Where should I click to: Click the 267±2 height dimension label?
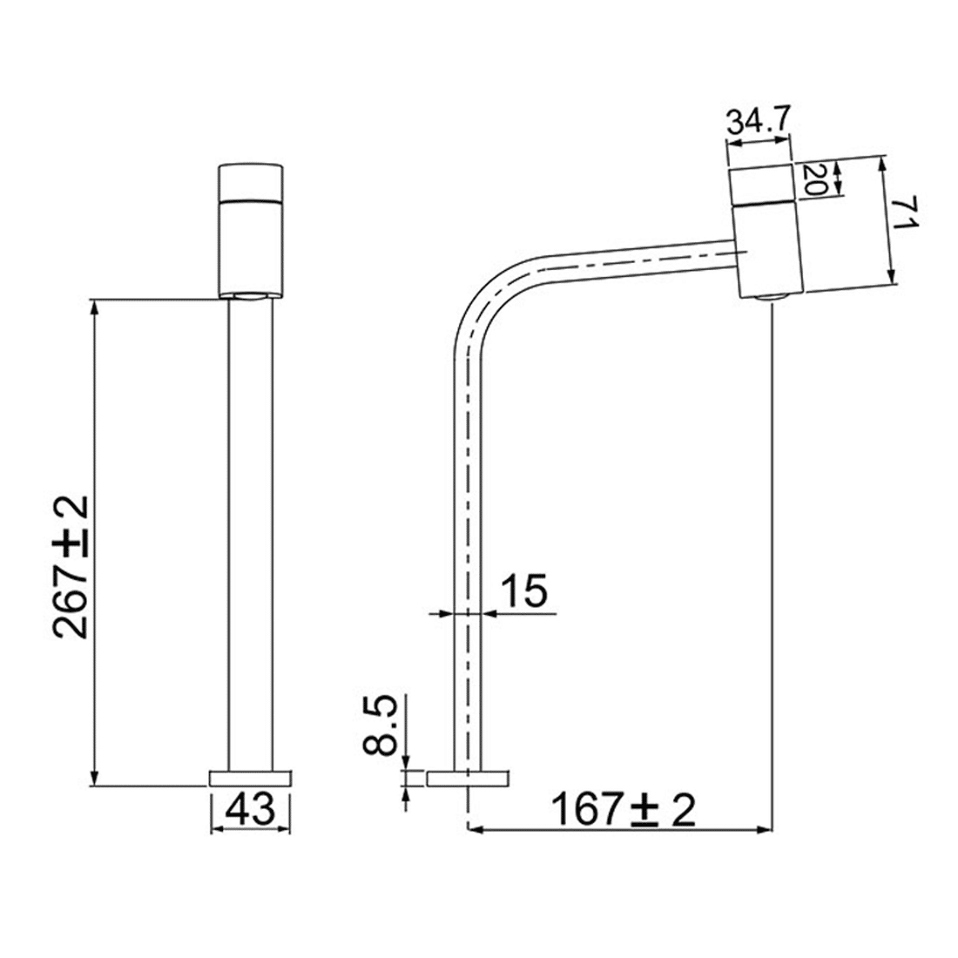pyautogui.click(x=71, y=567)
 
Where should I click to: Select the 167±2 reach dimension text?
pyautogui.click(x=624, y=811)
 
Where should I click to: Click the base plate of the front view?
pyautogui.click(x=251, y=778)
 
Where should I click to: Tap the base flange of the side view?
pyautogui.click(x=469, y=778)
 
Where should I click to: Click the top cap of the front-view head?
pyautogui.click(x=251, y=180)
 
